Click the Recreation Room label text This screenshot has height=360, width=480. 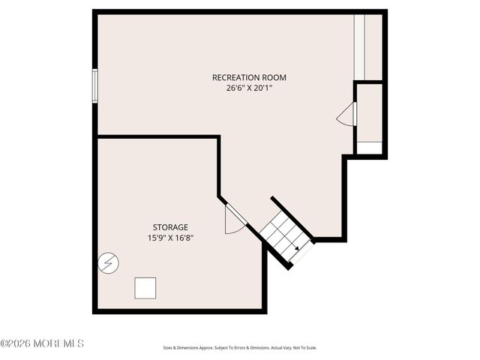coord(249,77)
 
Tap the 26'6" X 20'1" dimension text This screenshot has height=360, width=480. coord(249,88)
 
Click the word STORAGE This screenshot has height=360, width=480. coord(170,227)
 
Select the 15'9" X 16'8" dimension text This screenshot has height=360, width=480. coord(170,238)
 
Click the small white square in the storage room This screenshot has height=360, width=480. coord(145,288)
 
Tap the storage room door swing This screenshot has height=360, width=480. coord(235,219)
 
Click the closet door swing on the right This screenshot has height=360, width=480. coord(347,115)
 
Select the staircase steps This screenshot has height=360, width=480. coord(285,235)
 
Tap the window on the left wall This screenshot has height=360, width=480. coord(95,84)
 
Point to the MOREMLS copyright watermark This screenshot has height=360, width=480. coord(42,343)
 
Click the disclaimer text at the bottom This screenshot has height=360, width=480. coord(240,348)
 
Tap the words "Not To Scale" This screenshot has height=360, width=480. coord(306,348)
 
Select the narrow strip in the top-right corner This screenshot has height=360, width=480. coord(359,46)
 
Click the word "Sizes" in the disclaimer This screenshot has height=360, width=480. coord(168,348)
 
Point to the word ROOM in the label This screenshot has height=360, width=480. coord(274,77)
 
